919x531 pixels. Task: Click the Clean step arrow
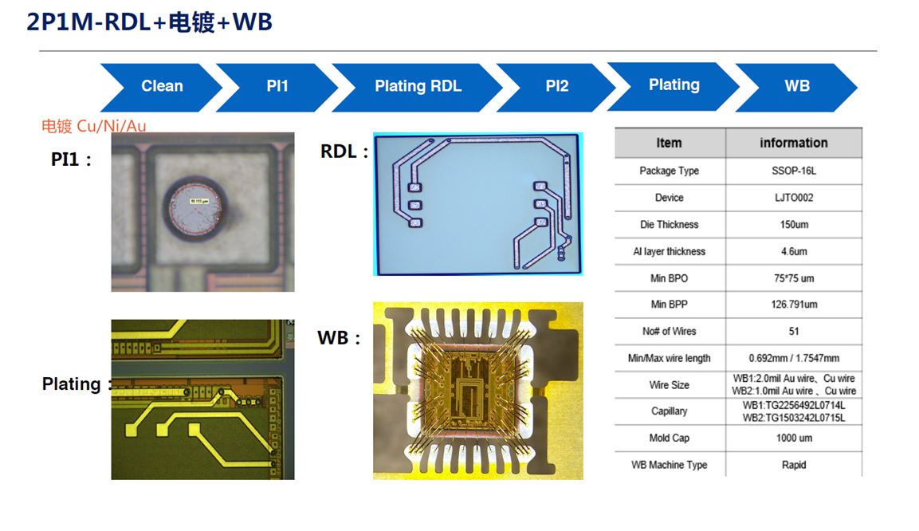pos(162,86)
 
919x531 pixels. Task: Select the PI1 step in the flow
pos(277,86)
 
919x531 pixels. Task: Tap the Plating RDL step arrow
pos(418,86)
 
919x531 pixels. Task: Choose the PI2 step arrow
pos(557,86)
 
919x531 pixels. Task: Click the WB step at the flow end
pos(796,86)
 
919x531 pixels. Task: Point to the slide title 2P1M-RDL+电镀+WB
pos(150,22)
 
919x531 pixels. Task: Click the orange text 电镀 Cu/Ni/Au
pos(94,126)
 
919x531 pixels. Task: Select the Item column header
pos(669,143)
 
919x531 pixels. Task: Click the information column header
pos(793,143)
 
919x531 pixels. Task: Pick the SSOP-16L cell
pos(793,171)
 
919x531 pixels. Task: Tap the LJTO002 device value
pos(793,198)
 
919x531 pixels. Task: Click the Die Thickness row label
pos(669,225)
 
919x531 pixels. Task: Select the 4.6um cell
pos(793,251)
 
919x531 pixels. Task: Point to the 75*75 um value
pos(793,278)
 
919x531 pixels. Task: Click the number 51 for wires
pos(793,331)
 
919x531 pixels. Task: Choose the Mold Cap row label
pos(669,438)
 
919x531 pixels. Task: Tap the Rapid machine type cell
pos(793,465)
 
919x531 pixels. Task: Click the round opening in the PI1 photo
pos(198,210)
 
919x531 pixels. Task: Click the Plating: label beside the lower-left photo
pos(74,384)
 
